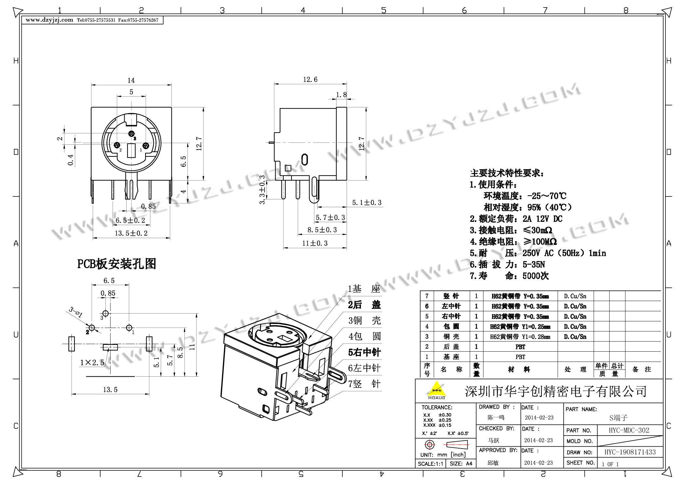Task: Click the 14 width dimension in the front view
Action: [131, 80]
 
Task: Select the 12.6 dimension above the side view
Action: [310, 80]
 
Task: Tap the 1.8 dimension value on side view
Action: [341, 95]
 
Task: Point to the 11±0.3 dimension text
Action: [315, 243]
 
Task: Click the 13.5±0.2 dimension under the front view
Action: [131, 233]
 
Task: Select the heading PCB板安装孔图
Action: [116, 264]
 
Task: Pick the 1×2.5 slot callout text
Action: [92, 362]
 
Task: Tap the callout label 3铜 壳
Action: [364, 321]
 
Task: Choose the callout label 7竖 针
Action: [364, 384]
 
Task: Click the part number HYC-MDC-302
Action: [629, 430]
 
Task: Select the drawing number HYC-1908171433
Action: [630, 452]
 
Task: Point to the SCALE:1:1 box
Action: [430, 464]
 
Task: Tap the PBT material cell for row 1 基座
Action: [520, 357]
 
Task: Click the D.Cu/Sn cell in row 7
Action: [575, 296]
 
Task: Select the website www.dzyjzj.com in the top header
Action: [49, 20]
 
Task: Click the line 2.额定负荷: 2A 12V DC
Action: [516, 219]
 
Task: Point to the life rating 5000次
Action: [535, 276]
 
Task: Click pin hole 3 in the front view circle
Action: [131, 134]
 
